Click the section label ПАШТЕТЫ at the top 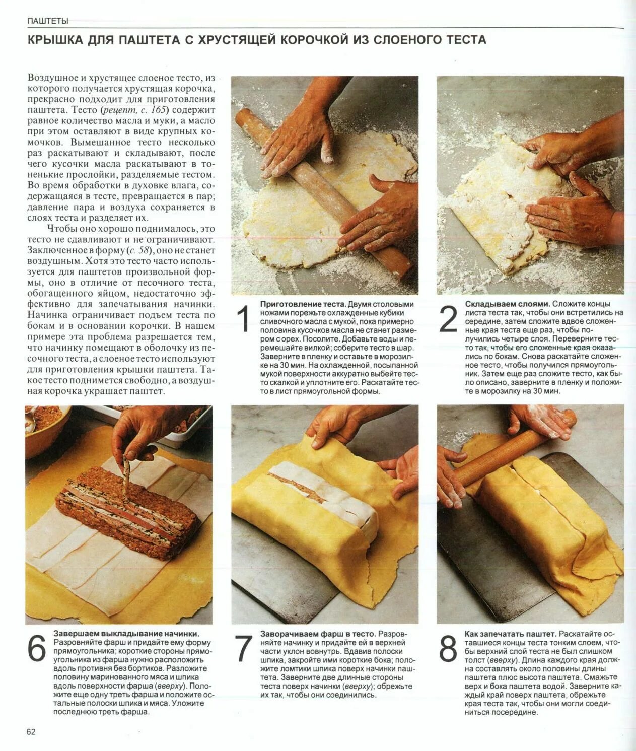pos(48,21)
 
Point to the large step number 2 pos(448,319)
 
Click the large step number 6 pos(37,649)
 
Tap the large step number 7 pos(243,649)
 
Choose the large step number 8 pos(448,649)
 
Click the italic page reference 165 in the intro pos(156,110)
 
